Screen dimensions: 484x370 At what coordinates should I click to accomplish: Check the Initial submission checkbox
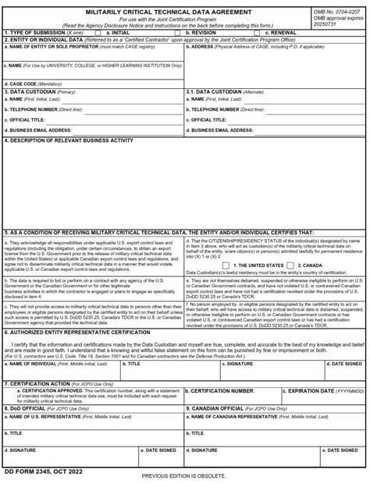(x=98, y=33)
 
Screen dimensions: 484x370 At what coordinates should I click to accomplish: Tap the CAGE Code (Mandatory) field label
(x=32, y=83)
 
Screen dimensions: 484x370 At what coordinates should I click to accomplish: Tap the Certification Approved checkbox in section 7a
(x=8, y=390)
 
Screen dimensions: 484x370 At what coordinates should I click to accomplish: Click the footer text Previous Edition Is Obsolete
(x=185, y=476)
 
